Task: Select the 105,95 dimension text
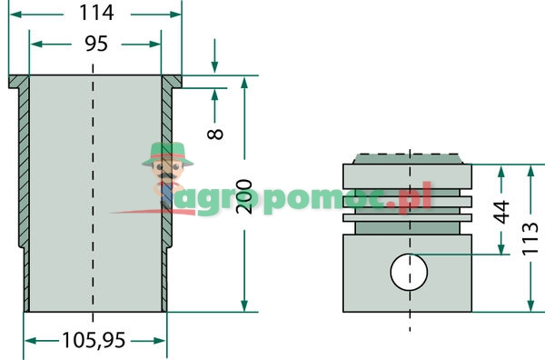pos(94,341)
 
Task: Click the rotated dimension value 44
pos(500,213)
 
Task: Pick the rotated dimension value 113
pos(530,238)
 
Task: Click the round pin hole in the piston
pos(409,271)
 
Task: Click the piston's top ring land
pos(409,174)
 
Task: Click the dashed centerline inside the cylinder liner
pos(94,182)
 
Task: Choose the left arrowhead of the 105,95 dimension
pos(28,341)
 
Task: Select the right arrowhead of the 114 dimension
pos(176,15)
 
